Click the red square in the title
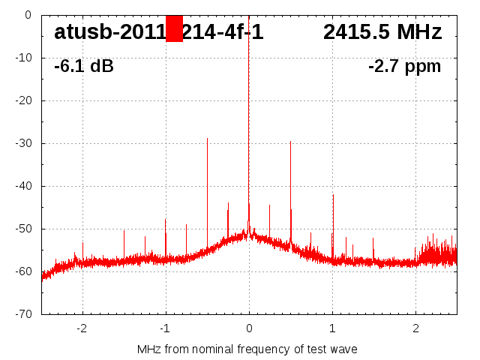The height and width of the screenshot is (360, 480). (174, 28)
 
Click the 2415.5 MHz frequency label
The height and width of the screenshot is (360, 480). (382, 32)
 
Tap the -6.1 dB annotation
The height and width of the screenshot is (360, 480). (84, 66)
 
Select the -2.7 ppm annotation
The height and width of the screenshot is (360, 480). (404, 66)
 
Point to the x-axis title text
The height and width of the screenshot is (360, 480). (247, 349)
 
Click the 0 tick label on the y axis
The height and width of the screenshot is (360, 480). (27, 14)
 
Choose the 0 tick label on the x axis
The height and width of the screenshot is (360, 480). (249, 328)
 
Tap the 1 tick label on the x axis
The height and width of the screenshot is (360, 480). (332, 328)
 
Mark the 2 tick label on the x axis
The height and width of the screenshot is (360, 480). (415, 328)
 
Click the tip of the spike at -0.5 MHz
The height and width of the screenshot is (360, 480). (207, 139)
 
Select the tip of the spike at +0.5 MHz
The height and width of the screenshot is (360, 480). (290, 142)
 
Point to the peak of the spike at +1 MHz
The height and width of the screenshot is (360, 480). (333, 195)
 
